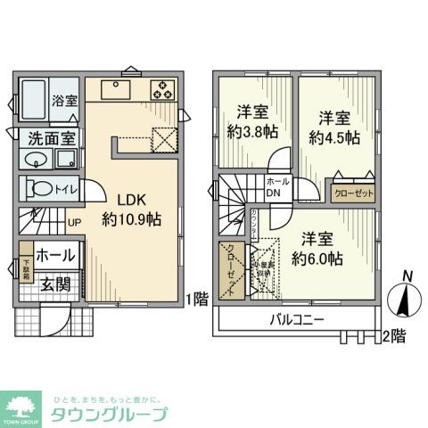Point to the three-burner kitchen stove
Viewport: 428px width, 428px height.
[x=162, y=89]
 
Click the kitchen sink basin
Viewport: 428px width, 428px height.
[x=117, y=90]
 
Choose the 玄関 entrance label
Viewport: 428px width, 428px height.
[x=53, y=284]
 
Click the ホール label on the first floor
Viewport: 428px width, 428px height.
[x=55, y=255]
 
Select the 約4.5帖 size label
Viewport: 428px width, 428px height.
[x=334, y=137]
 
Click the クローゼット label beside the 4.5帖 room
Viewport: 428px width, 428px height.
[x=353, y=193]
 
